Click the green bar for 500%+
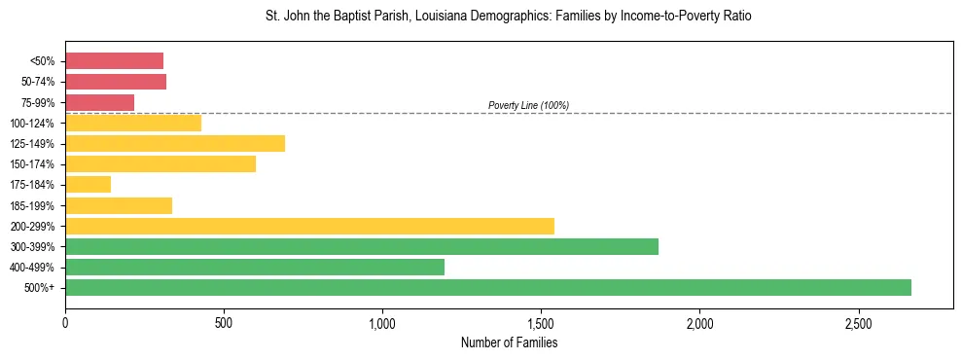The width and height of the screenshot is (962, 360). point(487,287)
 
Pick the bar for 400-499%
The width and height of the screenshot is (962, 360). point(254,267)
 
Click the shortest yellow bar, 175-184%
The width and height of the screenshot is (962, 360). point(88,184)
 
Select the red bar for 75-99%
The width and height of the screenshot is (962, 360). point(99,102)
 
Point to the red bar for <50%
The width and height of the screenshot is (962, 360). point(114,60)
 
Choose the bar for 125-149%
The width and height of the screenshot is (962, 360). point(175,143)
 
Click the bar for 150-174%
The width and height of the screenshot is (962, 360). point(160,163)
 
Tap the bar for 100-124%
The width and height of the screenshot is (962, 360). point(133,123)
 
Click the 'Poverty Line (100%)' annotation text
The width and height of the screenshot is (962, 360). point(528,105)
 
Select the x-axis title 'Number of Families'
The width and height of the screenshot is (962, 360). point(509,342)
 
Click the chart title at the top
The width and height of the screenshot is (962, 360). point(509,17)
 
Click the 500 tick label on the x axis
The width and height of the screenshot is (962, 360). point(224,322)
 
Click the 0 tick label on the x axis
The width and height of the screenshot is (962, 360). point(65,322)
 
